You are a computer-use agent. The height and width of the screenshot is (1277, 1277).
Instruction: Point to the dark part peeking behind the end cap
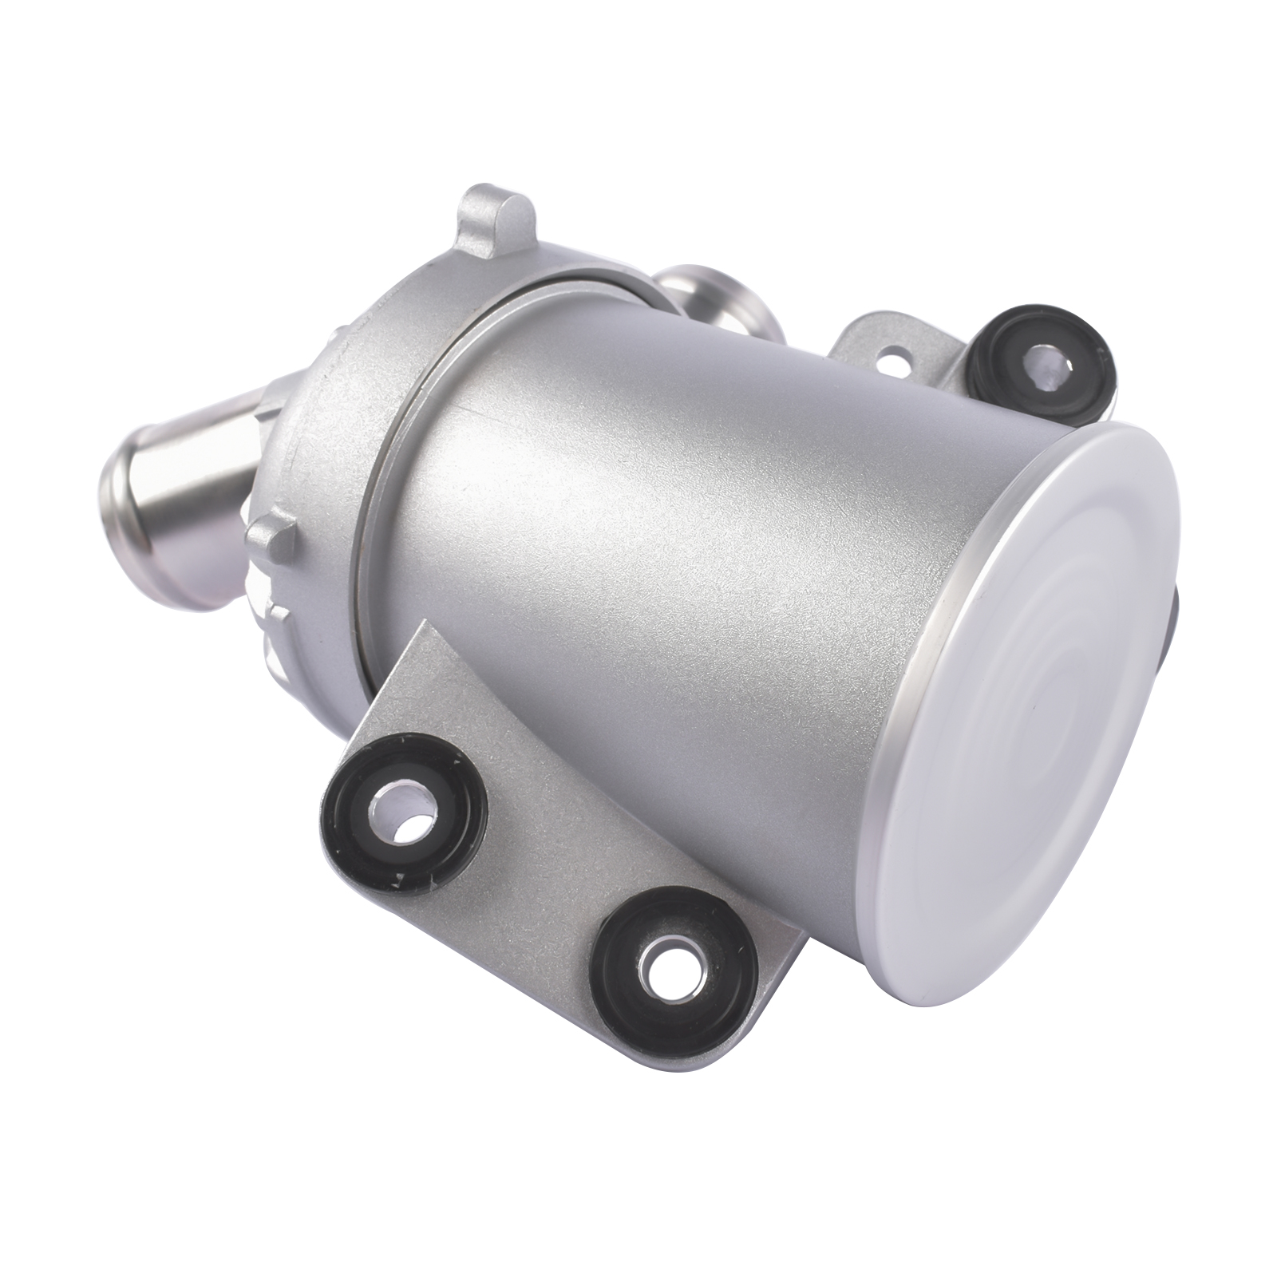click(1185, 623)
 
